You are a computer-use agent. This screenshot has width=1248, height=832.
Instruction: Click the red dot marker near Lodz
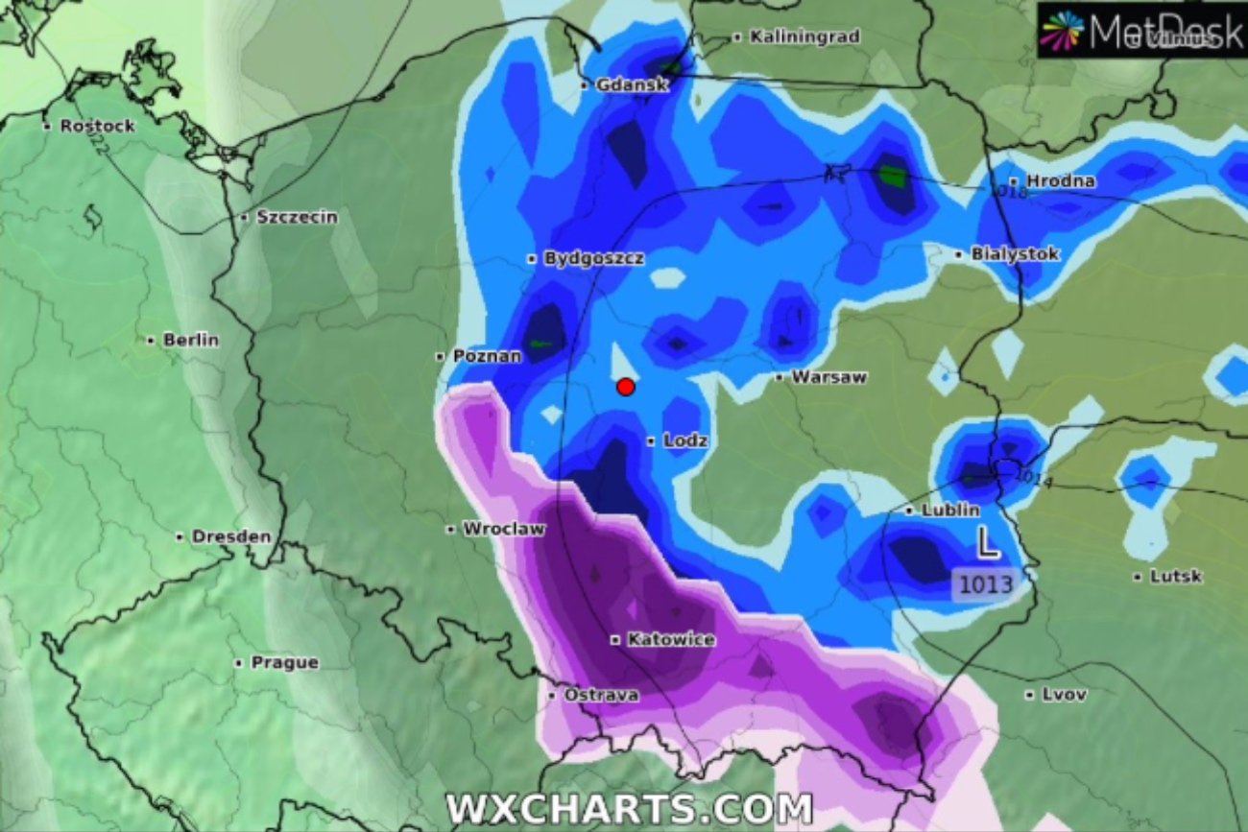pyautogui.click(x=625, y=387)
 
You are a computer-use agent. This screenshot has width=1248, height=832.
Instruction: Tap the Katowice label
pyautogui.click(x=670, y=639)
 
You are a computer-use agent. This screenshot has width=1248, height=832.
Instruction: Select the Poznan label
pyautogui.click(x=487, y=356)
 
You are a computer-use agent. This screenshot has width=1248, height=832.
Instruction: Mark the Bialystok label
pyautogui.click(x=1014, y=254)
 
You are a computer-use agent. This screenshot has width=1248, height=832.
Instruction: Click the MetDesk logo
pyautogui.click(x=1141, y=31)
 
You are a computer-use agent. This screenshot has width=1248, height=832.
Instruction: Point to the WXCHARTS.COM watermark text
pyautogui.click(x=629, y=809)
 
